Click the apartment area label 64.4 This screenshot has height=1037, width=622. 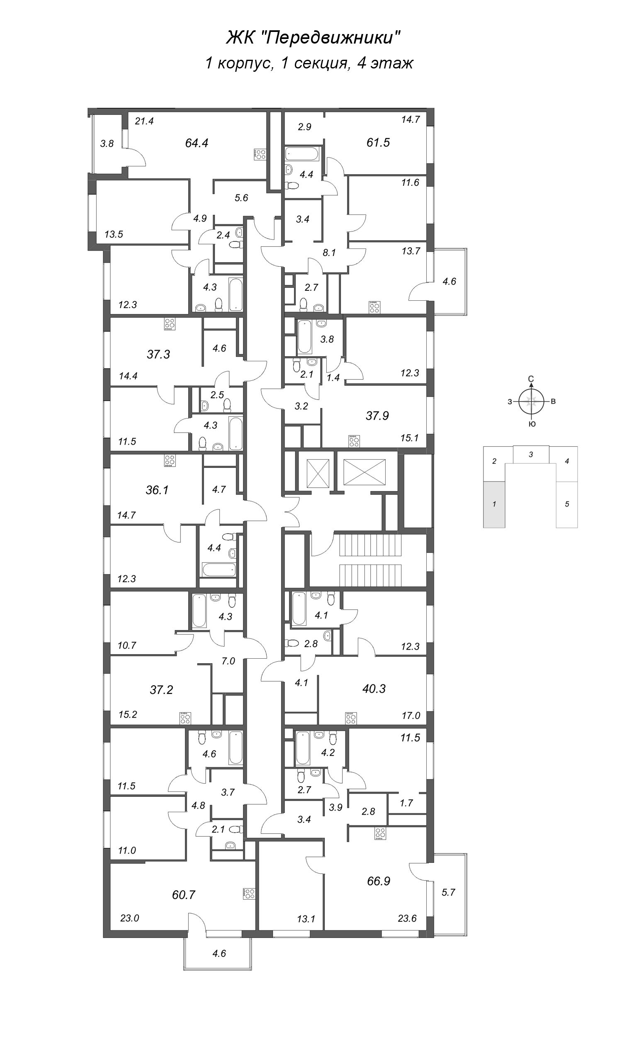coord(197,143)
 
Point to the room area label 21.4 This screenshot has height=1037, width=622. coord(144,121)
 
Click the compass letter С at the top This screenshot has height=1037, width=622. coord(531,379)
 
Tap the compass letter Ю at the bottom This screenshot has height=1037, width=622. coord(532,424)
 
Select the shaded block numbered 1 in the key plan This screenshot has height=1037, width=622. coord(494,504)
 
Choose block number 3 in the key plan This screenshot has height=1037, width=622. coord(531,454)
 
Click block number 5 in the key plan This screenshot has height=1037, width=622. coord(567,504)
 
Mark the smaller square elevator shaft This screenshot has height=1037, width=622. coord(318,474)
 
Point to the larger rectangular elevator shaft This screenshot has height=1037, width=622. coord(364,472)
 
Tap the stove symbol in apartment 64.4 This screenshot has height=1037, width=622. coord(260,154)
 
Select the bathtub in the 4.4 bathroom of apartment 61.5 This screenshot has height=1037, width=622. coord(302,153)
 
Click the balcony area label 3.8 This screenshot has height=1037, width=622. coord(107,144)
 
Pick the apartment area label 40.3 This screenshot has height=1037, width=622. coord(374,689)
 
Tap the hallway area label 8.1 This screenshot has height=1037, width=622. coord(329,253)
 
